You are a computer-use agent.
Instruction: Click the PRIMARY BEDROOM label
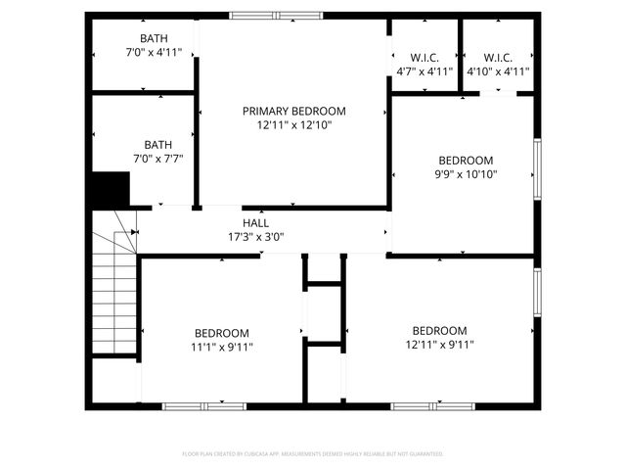pos(294,112)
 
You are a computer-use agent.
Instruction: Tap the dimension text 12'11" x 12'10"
pos(294,126)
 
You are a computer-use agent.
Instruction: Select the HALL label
pos(255,223)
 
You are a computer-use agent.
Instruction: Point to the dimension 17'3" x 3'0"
pos(255,237)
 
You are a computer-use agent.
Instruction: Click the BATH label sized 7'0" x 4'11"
pos(154,38)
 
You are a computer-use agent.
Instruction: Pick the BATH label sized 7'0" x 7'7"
pos(157,145)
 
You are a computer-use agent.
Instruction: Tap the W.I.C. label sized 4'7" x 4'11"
pos(425,57)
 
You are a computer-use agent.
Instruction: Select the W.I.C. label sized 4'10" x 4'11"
pos(498,57)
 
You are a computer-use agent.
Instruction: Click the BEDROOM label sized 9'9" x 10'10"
pos(466,161)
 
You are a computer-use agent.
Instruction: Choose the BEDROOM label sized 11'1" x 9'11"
pos(221,333)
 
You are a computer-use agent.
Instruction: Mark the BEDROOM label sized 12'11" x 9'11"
pos(439,331)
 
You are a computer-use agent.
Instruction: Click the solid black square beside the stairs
pos(111,189)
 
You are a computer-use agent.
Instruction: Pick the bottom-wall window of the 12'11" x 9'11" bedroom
pos(432,405)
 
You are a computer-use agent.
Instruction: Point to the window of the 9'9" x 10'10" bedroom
pos(536,168)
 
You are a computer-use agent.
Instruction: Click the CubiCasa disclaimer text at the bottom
pos(313,454)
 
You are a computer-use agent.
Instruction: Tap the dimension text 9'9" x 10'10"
pos(466,175)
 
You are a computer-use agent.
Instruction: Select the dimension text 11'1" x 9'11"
pos(221,347)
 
